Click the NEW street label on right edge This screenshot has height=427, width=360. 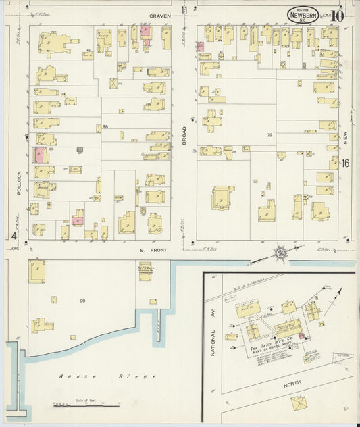tap(345, 139)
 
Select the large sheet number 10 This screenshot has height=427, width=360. tap(338, 15)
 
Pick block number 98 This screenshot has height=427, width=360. tap(105, 126)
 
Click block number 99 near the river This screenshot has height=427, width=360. tap(83, 301)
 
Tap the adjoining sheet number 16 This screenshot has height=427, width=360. tap(345, 163)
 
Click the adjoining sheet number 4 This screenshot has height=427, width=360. tap(14, 236)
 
